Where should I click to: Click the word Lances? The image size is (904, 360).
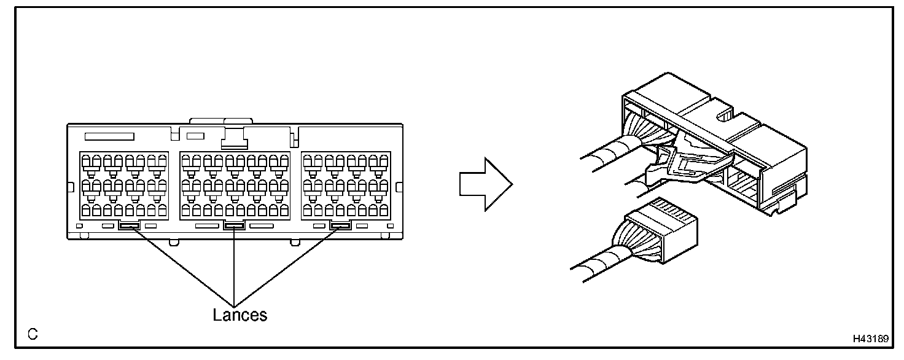click(x=240, y=315)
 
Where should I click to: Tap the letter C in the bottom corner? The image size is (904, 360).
click(x=32, y=335)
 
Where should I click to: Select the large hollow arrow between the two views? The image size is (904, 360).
click(x=485, y=183)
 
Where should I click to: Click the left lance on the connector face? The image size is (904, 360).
click(x=130, y=226)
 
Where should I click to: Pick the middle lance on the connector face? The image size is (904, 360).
click(x=235, y=226)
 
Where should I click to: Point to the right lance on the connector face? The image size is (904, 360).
click(x=340, y=226)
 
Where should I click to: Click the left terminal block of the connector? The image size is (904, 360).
click(x=123, y=184)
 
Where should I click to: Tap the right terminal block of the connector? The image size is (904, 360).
click(x=346, y=184)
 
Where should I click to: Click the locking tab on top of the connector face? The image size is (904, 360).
click(x=234, y=138)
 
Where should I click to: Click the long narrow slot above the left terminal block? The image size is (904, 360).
click(x=109, y=135)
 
